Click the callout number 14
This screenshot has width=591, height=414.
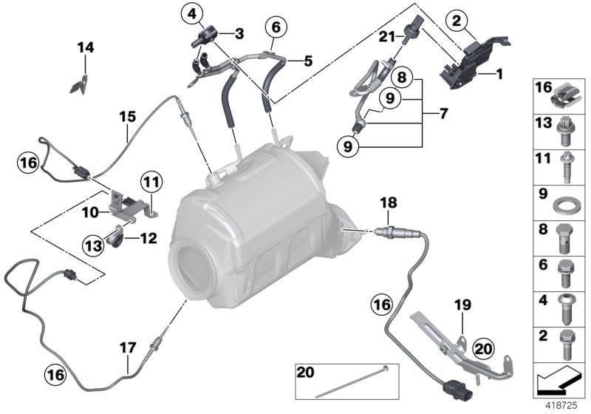point(86,48)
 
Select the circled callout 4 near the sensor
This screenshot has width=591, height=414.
point(193,13)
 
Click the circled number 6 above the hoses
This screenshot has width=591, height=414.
point(275,28)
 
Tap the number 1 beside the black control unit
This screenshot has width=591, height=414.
point(499,74)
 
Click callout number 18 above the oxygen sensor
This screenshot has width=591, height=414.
point(389,202)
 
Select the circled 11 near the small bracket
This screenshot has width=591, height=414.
point(151,180)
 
